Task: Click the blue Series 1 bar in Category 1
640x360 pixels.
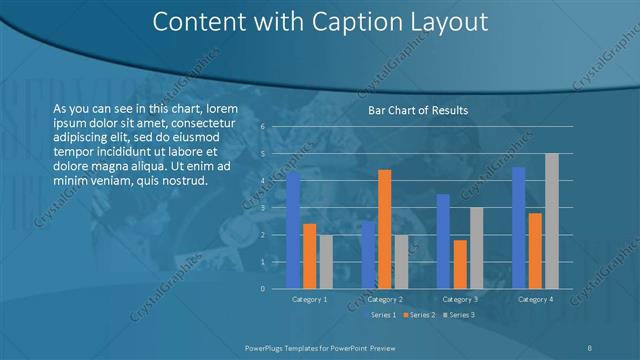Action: coord(293,231)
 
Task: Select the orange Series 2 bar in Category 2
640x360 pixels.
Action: coord(384,229)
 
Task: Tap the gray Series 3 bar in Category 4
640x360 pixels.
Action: coord(551,221)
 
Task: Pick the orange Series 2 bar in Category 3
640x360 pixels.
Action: coord(460,264)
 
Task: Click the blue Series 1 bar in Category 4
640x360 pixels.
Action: coord(518,228)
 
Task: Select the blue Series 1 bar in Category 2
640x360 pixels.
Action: coord(368,255)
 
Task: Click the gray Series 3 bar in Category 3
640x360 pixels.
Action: coord(476,248)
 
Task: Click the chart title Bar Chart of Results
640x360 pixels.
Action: coord(413,110)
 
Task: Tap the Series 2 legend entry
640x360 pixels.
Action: coord(419,315)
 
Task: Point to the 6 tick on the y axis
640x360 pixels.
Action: coord(261,127)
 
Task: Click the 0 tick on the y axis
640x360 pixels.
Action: coord(261,289)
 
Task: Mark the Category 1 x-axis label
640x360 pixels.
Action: coord(309,299)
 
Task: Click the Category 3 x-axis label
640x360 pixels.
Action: coord(460,299)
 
